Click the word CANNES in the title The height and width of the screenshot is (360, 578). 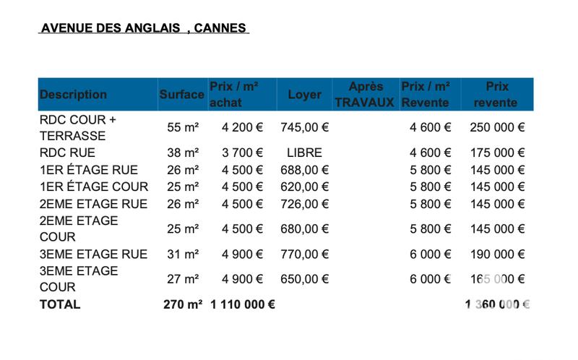click(221, 28)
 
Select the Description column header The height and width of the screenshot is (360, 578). click(73, 95)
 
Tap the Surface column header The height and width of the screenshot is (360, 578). click(182, 95)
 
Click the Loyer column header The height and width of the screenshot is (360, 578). click(304, 95)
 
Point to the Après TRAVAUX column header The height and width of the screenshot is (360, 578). click(365, 95)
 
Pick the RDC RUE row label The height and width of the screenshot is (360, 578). click(67, 153)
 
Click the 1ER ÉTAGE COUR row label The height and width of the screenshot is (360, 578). click(94, 187)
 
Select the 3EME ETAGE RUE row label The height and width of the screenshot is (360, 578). click(93, 254)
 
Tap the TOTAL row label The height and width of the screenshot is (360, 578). click(60, 304)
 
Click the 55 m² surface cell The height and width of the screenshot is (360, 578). click(183, 127)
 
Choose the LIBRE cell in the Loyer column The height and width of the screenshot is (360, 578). click(304, 153)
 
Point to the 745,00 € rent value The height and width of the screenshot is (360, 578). click(304, 127)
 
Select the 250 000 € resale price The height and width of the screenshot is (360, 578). click(497, 127)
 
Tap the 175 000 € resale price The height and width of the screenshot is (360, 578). click(497, 153)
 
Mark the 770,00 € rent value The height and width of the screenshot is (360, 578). click(304, 254)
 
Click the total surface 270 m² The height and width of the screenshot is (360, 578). click(183, 304)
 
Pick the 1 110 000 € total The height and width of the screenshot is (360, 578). click(242, 304)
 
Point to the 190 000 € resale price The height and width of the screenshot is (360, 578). click(497, 254)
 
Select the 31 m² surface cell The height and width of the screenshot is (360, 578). click(183, 254)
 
